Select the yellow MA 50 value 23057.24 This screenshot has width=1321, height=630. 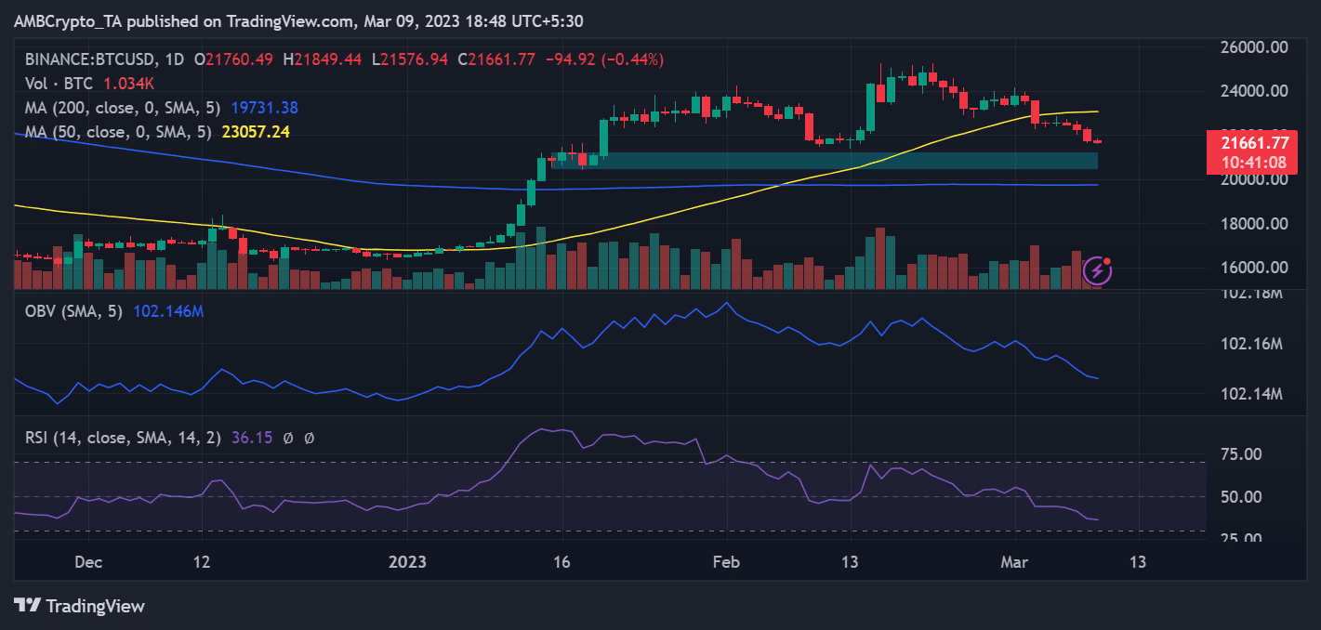[x=256, y=132]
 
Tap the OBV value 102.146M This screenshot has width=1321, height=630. [x=168, y=311]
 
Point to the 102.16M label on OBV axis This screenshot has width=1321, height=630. [x=1251, y=345]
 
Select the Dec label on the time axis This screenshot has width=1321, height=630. [x=88, y=562]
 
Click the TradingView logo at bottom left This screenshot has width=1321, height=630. [x=81, y=606]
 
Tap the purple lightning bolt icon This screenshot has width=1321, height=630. [x=1098, y=270]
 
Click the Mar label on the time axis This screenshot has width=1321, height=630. [x=1015, y=562]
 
